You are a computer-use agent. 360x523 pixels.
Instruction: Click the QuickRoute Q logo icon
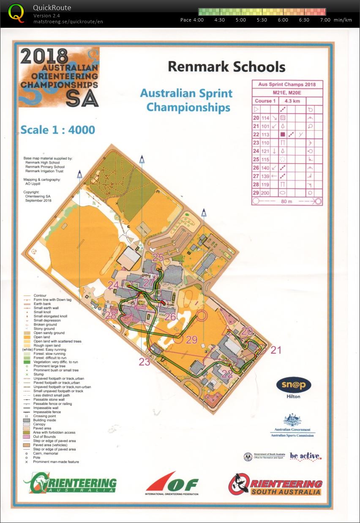(x=16, y=13)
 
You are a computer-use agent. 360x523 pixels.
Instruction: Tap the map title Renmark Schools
(x=226, y=67)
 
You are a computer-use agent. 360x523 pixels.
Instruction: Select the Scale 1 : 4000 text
(x=58, y=129)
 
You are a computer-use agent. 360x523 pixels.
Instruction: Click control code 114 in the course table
(x=265, y=118)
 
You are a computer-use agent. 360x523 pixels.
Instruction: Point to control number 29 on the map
(x=192, y=340)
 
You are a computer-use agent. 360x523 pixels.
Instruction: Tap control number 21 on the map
(x=275, y=350)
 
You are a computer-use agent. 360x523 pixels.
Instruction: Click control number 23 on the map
(x=145, y=361)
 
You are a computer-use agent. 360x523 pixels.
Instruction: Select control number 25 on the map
(x=158, y=257)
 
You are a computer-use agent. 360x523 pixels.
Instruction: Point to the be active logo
(x=305, y=456)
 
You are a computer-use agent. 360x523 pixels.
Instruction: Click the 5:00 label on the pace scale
(x=241, y=20)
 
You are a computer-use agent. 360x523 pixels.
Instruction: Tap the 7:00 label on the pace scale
(x=325, y=20)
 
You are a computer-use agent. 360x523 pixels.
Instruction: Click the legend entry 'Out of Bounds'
(x=44, y=437)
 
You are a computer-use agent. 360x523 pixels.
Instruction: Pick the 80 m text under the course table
(x=286, y=201)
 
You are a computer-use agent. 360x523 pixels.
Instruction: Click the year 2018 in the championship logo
(x=44, y=56)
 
